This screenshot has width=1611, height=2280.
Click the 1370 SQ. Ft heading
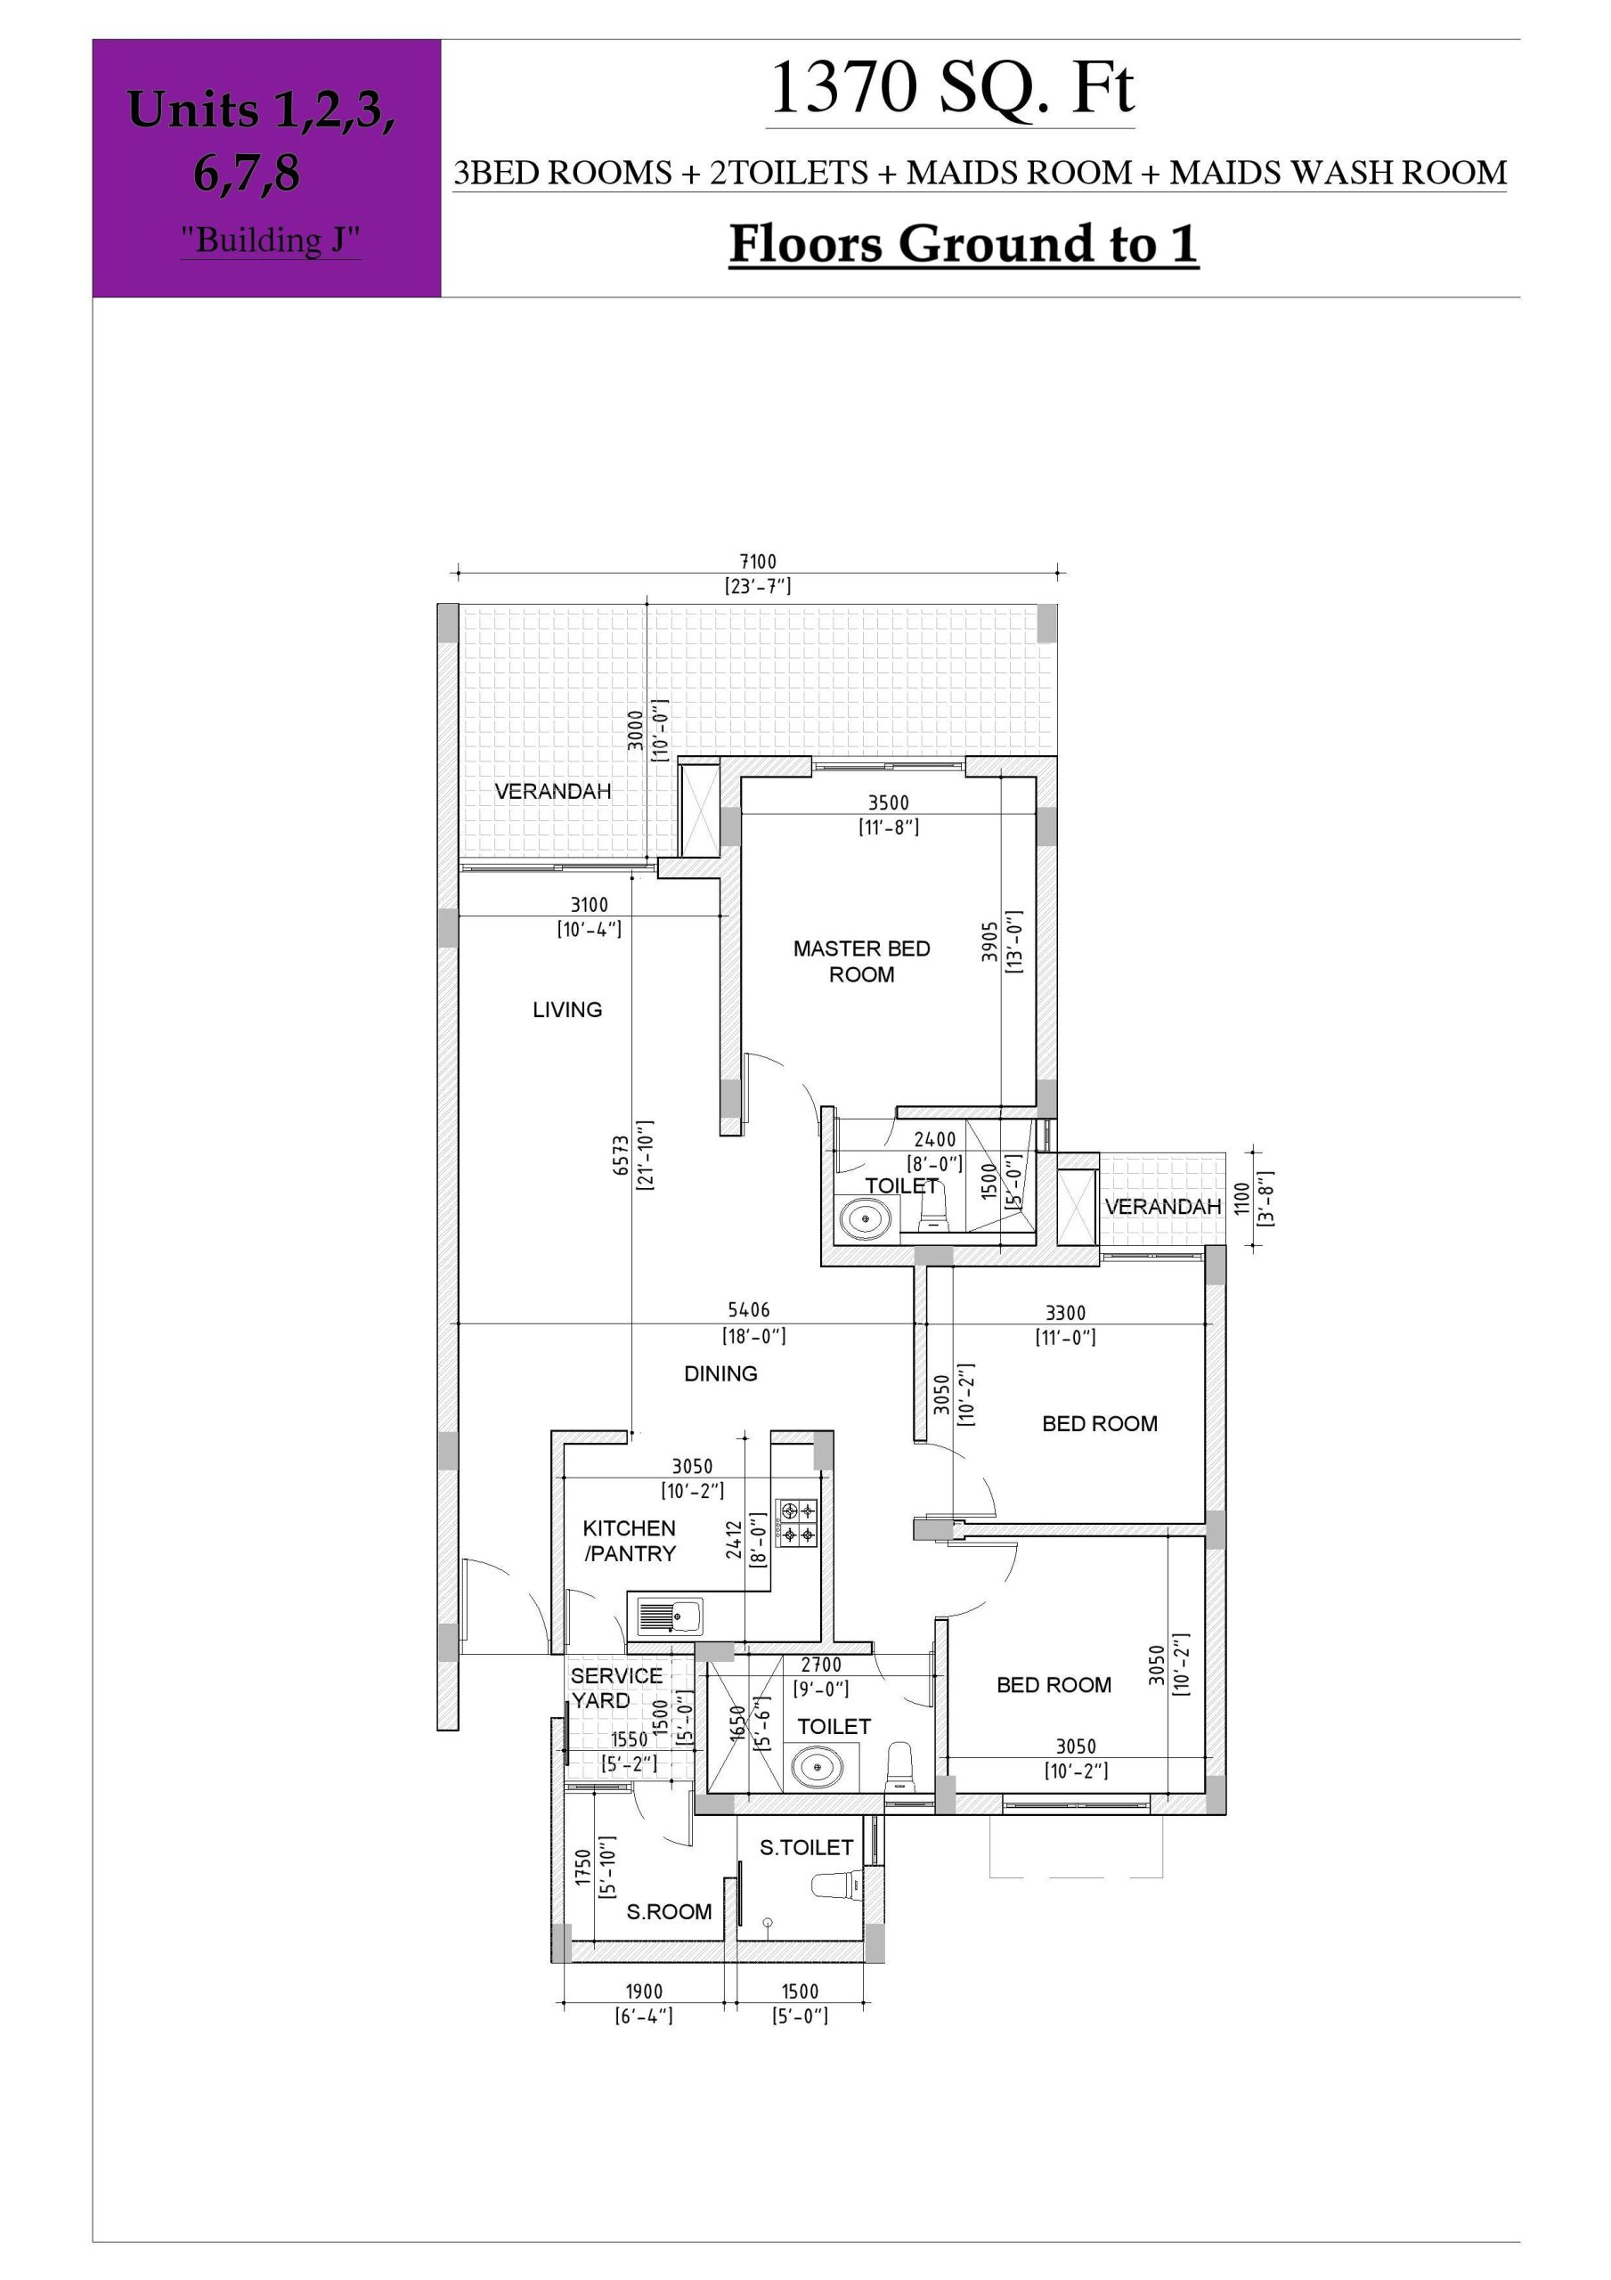tap(951, 88)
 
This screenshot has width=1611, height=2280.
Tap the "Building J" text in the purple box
tap(270, 240)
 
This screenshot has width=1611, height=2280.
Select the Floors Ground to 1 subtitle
tap(964, 244)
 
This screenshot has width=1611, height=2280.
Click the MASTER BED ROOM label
tap(861, 961)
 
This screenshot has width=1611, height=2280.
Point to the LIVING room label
tap(567, 1009)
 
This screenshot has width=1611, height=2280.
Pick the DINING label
tap(721, 1373)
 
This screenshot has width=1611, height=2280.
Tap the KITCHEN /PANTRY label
tap(630, 1540)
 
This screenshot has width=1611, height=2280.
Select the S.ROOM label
tap(669, 1911)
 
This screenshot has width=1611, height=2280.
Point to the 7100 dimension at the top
tap(758, 562)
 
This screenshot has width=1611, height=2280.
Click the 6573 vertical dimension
tap(622, 1156)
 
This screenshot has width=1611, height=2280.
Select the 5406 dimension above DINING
tap(749, 1310)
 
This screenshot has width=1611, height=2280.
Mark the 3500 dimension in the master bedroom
tap(889, 802)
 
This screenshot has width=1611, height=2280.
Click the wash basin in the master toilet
tap(865, 1217)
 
